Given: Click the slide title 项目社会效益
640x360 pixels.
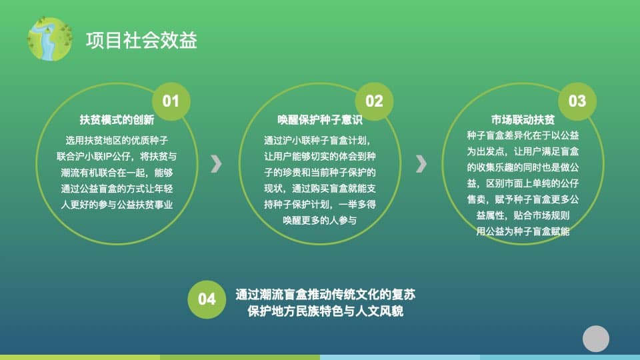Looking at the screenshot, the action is coord(141,41).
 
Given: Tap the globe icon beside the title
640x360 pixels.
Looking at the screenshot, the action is coord(49,39).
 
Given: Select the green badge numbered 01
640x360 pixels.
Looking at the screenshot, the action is coord(171,101).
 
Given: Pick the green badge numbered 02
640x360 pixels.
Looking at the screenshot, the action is coord(374,101).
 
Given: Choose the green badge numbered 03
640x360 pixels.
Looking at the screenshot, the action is coord(577,101).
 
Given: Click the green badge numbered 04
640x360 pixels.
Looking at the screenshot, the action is coord(207,299).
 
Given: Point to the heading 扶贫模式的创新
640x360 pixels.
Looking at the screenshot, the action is coord(117,119).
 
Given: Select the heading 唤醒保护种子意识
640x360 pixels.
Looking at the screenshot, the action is coord(320,119).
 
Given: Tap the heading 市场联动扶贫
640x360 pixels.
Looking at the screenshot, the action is coord(523,119).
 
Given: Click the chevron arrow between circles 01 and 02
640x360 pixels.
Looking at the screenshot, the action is coord(216,164).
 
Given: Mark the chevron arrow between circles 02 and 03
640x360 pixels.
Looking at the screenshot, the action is coord(421,164).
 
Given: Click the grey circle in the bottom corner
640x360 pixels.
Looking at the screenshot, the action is coord(596,339).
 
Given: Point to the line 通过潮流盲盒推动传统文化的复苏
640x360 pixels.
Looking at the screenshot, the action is coord(325,294).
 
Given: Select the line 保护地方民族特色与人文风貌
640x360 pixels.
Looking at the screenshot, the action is coord(325,311).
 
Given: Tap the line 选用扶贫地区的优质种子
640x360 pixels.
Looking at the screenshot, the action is coord(117,141).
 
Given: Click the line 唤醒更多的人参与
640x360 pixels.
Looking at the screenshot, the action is coord(320,221).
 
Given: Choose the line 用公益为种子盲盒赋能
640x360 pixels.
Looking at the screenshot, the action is coord(523,231).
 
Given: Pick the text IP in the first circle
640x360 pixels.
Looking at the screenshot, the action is coord(107,156).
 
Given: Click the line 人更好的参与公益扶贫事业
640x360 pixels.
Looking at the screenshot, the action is coord(117,205).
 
